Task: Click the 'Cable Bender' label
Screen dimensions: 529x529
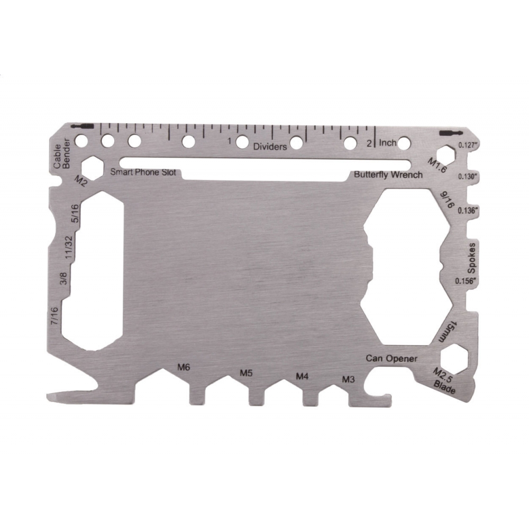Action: tap(62, 153)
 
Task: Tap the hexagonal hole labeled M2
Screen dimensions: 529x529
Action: tap(92, 167)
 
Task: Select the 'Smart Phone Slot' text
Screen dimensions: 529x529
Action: tap(143, 172)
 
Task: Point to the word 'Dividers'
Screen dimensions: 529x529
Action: tap(270, 146)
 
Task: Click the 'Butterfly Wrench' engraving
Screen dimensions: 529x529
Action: tap(388, 175)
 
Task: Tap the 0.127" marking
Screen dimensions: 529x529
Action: tap(468, 145)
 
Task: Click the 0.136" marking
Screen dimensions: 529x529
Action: tap(468, 211)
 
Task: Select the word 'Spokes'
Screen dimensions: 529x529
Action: tap(471, 258)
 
